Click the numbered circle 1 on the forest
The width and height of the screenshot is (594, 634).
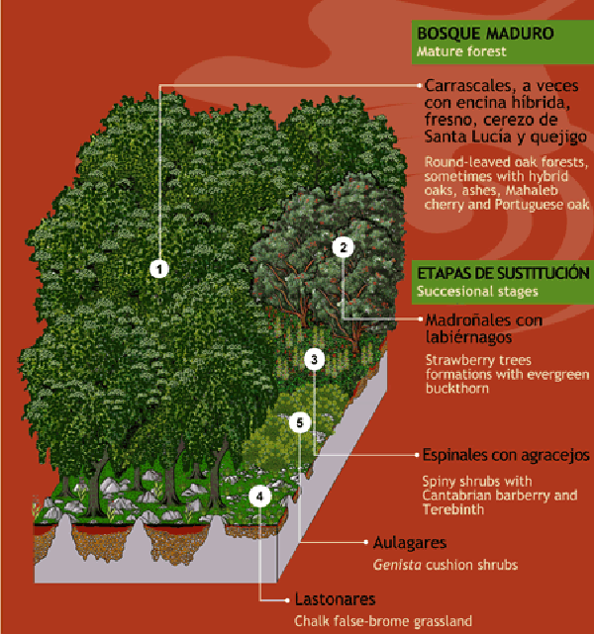(x=159, y=269)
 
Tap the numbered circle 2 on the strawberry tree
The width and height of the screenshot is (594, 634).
(x=343, y=247)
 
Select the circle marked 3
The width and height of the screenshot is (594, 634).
(x=315, y=359)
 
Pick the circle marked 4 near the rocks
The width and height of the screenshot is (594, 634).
(x=259, y=497)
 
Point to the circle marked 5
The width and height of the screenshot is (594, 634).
(x=299, y=423)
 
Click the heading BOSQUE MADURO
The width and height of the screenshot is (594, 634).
(x=485, y=34)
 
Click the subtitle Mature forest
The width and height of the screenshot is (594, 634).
(x=461, y=51)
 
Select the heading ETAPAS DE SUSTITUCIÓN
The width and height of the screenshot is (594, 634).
(x=503, y=274)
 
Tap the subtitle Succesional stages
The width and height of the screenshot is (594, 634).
(x=477, y=292)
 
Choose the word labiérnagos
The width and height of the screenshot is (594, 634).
(x=468, y=337)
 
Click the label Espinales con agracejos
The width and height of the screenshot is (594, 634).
(x=506, y=455)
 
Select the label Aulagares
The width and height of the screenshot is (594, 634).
(x=410, y=543)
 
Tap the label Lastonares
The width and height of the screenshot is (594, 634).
(x=335, y=599)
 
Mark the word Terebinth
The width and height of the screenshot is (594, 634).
(x=453, y=509)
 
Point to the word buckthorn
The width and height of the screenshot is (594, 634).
(x=457, y=389)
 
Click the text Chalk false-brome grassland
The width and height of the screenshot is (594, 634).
(x=383, y=621)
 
